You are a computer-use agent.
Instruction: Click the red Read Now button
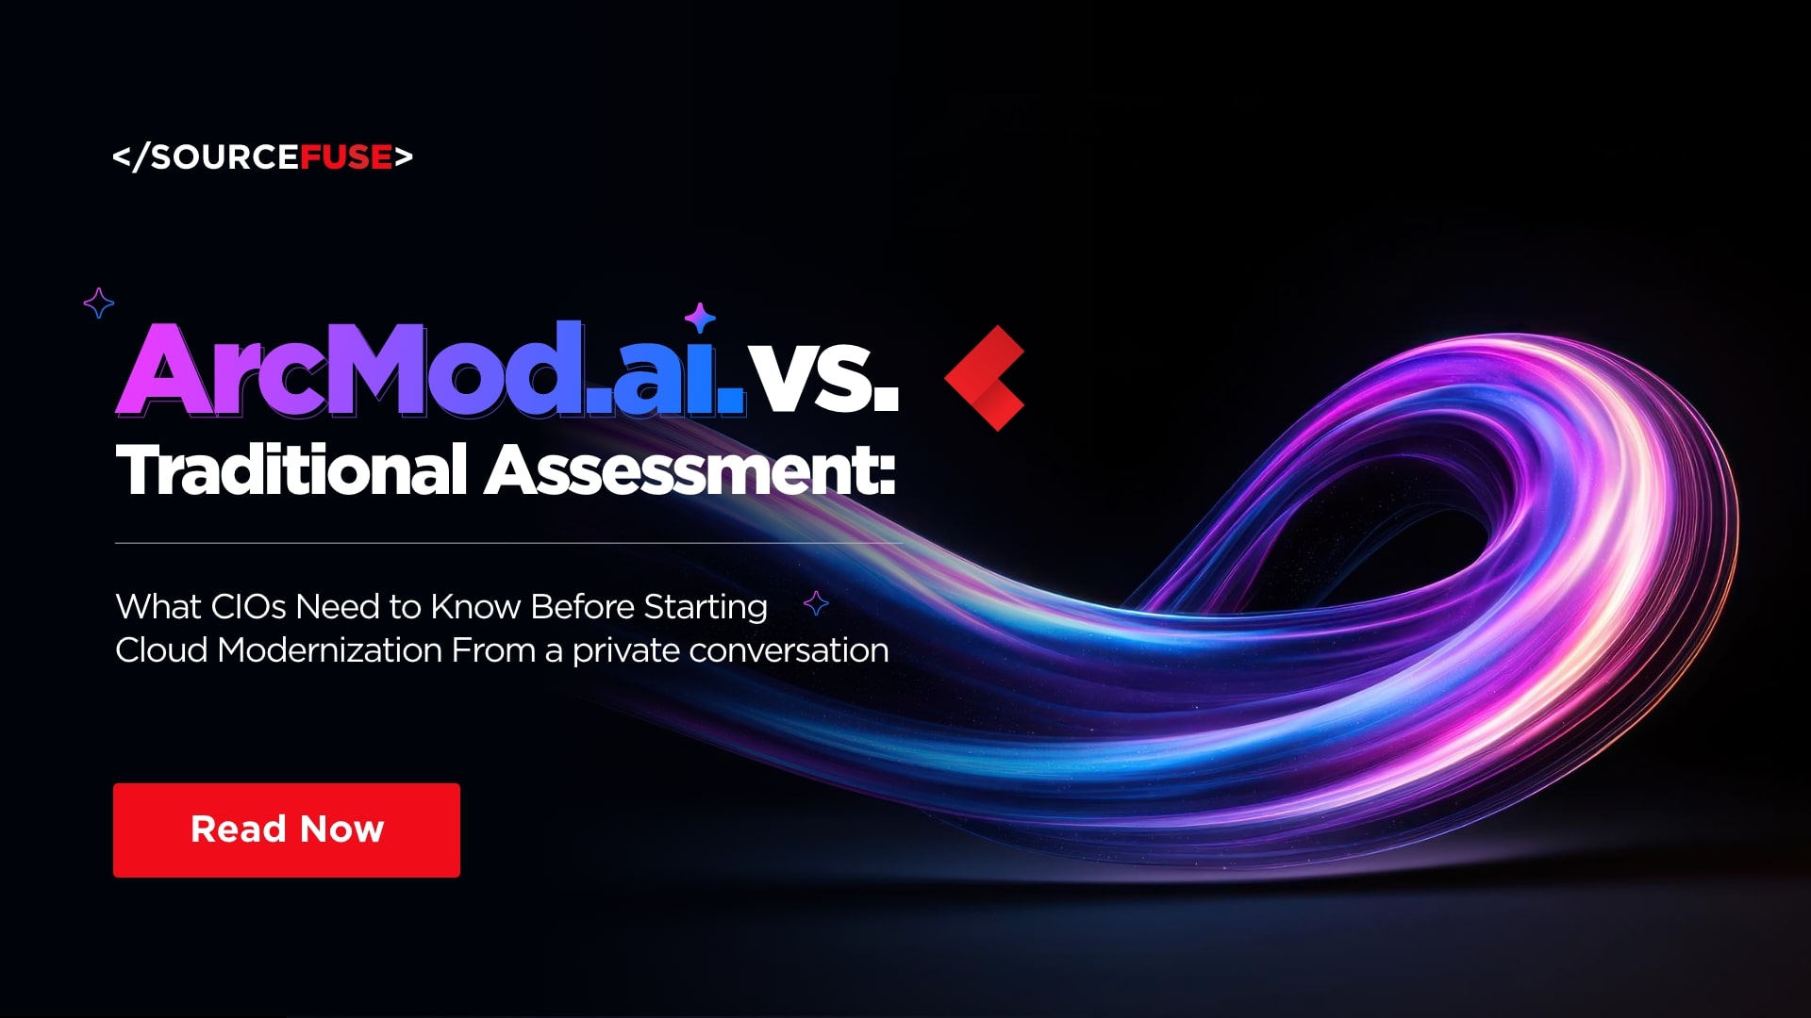point(287,829)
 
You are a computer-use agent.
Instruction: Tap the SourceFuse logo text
point(262,156)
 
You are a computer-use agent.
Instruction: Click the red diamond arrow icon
point(986,377)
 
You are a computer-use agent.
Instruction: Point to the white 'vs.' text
point(823,377)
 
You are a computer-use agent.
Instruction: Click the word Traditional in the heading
point(291,469)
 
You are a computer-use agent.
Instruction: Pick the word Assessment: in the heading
point(690,469)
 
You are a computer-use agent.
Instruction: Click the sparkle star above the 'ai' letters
point(700,318)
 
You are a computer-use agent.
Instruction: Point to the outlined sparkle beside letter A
point(99,303)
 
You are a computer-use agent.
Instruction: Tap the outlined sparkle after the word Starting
point(816,603)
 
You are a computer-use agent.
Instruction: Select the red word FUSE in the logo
point(346,156)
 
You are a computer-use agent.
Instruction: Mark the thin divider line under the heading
point(509,543)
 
